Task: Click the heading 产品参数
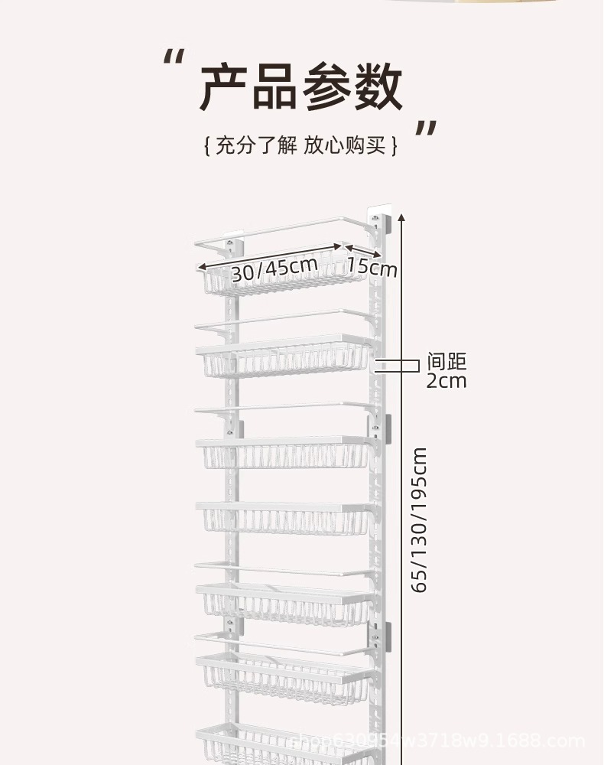pyautogui.click(x=301, y=87)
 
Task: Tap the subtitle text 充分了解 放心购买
pyautogui.click(x=301, y=145)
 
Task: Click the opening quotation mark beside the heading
pyautogui.click(x=175, y=60)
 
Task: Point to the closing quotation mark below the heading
pyautogui.click(x=426, y=130)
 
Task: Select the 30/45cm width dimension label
pyautogui.click(x=274, y=269)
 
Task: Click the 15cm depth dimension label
pyautogui.click(x=372, y=267)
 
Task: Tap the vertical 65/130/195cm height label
pyautogui.click(x=420, y=520)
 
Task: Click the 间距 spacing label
pyautogui.click(x=447, y=361)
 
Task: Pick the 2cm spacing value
pyautogui.click(x=446, y=380)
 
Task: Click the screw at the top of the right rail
pyautogui.click(x=375, y=221)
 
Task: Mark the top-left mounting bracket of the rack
pyautogui.click(x=230, y=246)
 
